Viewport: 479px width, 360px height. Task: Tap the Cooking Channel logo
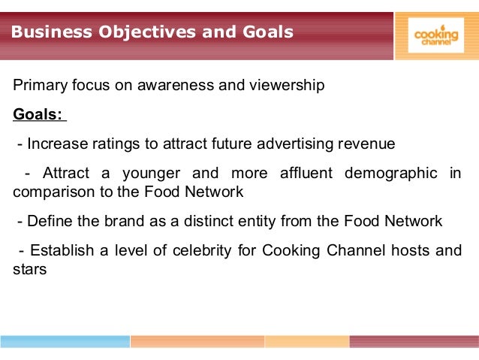435,35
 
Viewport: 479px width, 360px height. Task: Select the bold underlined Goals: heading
39,115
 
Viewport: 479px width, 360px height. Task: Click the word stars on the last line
30,268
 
